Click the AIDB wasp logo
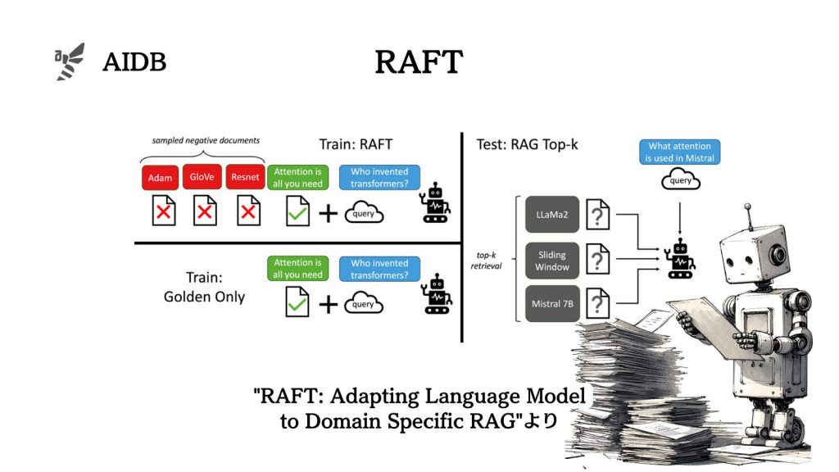[x=70, y=61]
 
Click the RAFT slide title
[x=419, y=62]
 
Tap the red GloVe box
[x=205, y=177]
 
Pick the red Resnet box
[x=245, y=177]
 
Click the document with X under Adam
[x=165, y=213]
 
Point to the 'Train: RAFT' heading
[x=354, y=145]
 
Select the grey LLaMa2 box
[x=551, y=214]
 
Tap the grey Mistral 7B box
[x=551, y=304]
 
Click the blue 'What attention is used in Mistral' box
[x=679, y=152]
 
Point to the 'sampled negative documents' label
[x=206, y=140]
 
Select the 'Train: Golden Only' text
[x=204, y=288]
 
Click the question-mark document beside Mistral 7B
[x=598, y=305]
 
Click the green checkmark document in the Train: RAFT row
[x=297, y=213]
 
